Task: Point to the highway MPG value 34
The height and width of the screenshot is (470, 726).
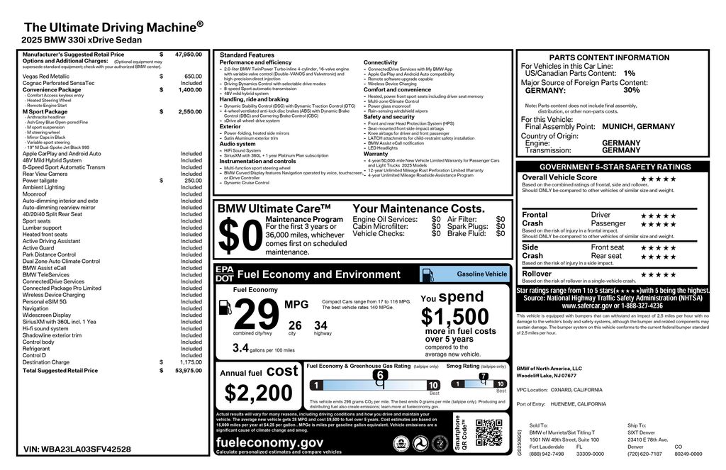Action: (321, 325)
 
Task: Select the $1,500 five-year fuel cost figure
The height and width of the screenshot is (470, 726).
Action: (454, 316)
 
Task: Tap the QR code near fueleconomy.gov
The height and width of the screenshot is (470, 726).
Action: (488, 432)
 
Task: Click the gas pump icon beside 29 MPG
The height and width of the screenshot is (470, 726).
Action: (224, 307)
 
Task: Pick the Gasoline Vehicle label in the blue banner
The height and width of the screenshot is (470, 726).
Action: (482, 274)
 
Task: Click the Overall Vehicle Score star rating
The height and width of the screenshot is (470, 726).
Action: (658, 179)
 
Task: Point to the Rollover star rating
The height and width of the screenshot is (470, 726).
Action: (658, 274)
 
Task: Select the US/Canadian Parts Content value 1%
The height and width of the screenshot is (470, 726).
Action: (630, 73)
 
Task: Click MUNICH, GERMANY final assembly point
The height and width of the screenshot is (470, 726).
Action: (638, 126)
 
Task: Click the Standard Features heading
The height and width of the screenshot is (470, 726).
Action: (247, 55)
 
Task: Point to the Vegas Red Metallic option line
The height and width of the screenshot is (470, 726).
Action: (46, 76)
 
